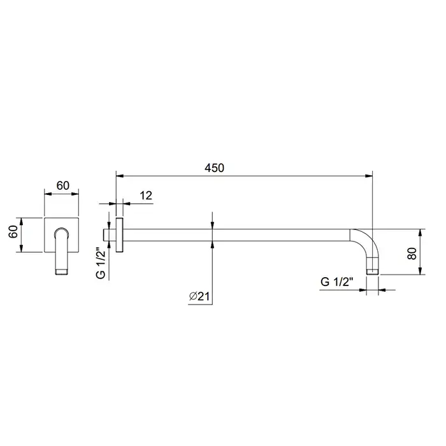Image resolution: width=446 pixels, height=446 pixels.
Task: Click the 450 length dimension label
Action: (215, 168)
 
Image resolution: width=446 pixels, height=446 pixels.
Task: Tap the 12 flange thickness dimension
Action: (146, 196)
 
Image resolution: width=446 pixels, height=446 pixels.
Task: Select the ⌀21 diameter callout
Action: (199, 296)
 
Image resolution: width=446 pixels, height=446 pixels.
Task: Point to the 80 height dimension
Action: (412, 254)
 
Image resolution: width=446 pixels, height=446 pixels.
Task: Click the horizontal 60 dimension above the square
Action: (63, 185)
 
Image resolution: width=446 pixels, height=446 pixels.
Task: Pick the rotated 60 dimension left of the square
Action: (13, 231)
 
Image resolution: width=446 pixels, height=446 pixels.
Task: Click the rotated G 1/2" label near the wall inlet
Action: (101, 263)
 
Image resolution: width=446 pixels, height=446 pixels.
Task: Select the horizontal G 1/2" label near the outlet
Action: (337, 282)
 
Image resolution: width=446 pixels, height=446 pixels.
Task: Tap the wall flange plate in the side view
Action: (120, 235)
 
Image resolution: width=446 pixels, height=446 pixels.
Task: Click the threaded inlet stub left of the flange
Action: (106, 235)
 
